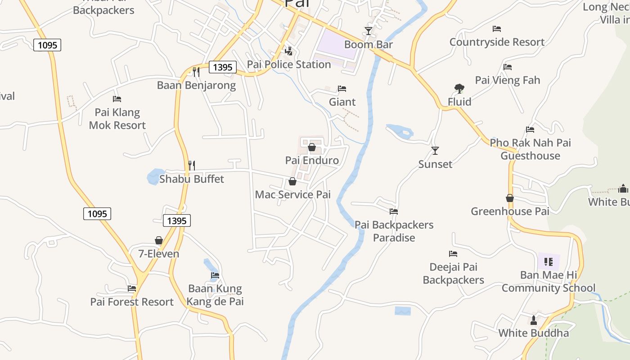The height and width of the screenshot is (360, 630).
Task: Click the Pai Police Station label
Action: [x=289, y=64]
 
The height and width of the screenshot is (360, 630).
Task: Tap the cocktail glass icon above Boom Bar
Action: [x=369, y=31]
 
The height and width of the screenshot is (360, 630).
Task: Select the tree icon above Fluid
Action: [x=459, y=89]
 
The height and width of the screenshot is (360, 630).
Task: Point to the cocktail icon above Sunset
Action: [x=435, y=151]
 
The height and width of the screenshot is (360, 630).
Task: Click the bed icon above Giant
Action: [x=342, y=89]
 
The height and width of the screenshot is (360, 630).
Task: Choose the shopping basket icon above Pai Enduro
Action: [x=312, y=147]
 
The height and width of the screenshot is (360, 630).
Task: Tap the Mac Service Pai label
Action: [x=292, y=194]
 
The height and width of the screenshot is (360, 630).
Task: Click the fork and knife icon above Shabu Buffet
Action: [x=192, y=166]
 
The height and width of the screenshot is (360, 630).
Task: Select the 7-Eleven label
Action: [x=158, y=254]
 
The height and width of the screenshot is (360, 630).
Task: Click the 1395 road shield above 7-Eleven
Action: [x=177, y=220]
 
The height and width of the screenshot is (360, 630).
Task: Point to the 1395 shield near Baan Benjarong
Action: [x=223, y=67]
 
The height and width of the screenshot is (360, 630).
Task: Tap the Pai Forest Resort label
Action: [x=132, y=302]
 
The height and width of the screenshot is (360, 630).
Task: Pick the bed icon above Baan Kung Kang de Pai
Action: [x=215, y=275]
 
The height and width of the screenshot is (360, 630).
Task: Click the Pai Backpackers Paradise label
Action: [x=394, y=231]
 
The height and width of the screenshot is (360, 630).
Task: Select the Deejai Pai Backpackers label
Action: [x=453, y=273]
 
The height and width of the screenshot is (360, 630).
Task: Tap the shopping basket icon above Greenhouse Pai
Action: [x=510, y=198]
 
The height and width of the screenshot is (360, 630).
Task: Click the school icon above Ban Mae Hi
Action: [x=549, y=261]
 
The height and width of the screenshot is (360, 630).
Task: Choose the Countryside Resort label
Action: [x=497, y=42]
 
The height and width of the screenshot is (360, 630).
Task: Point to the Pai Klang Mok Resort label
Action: [x=117, y=119]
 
